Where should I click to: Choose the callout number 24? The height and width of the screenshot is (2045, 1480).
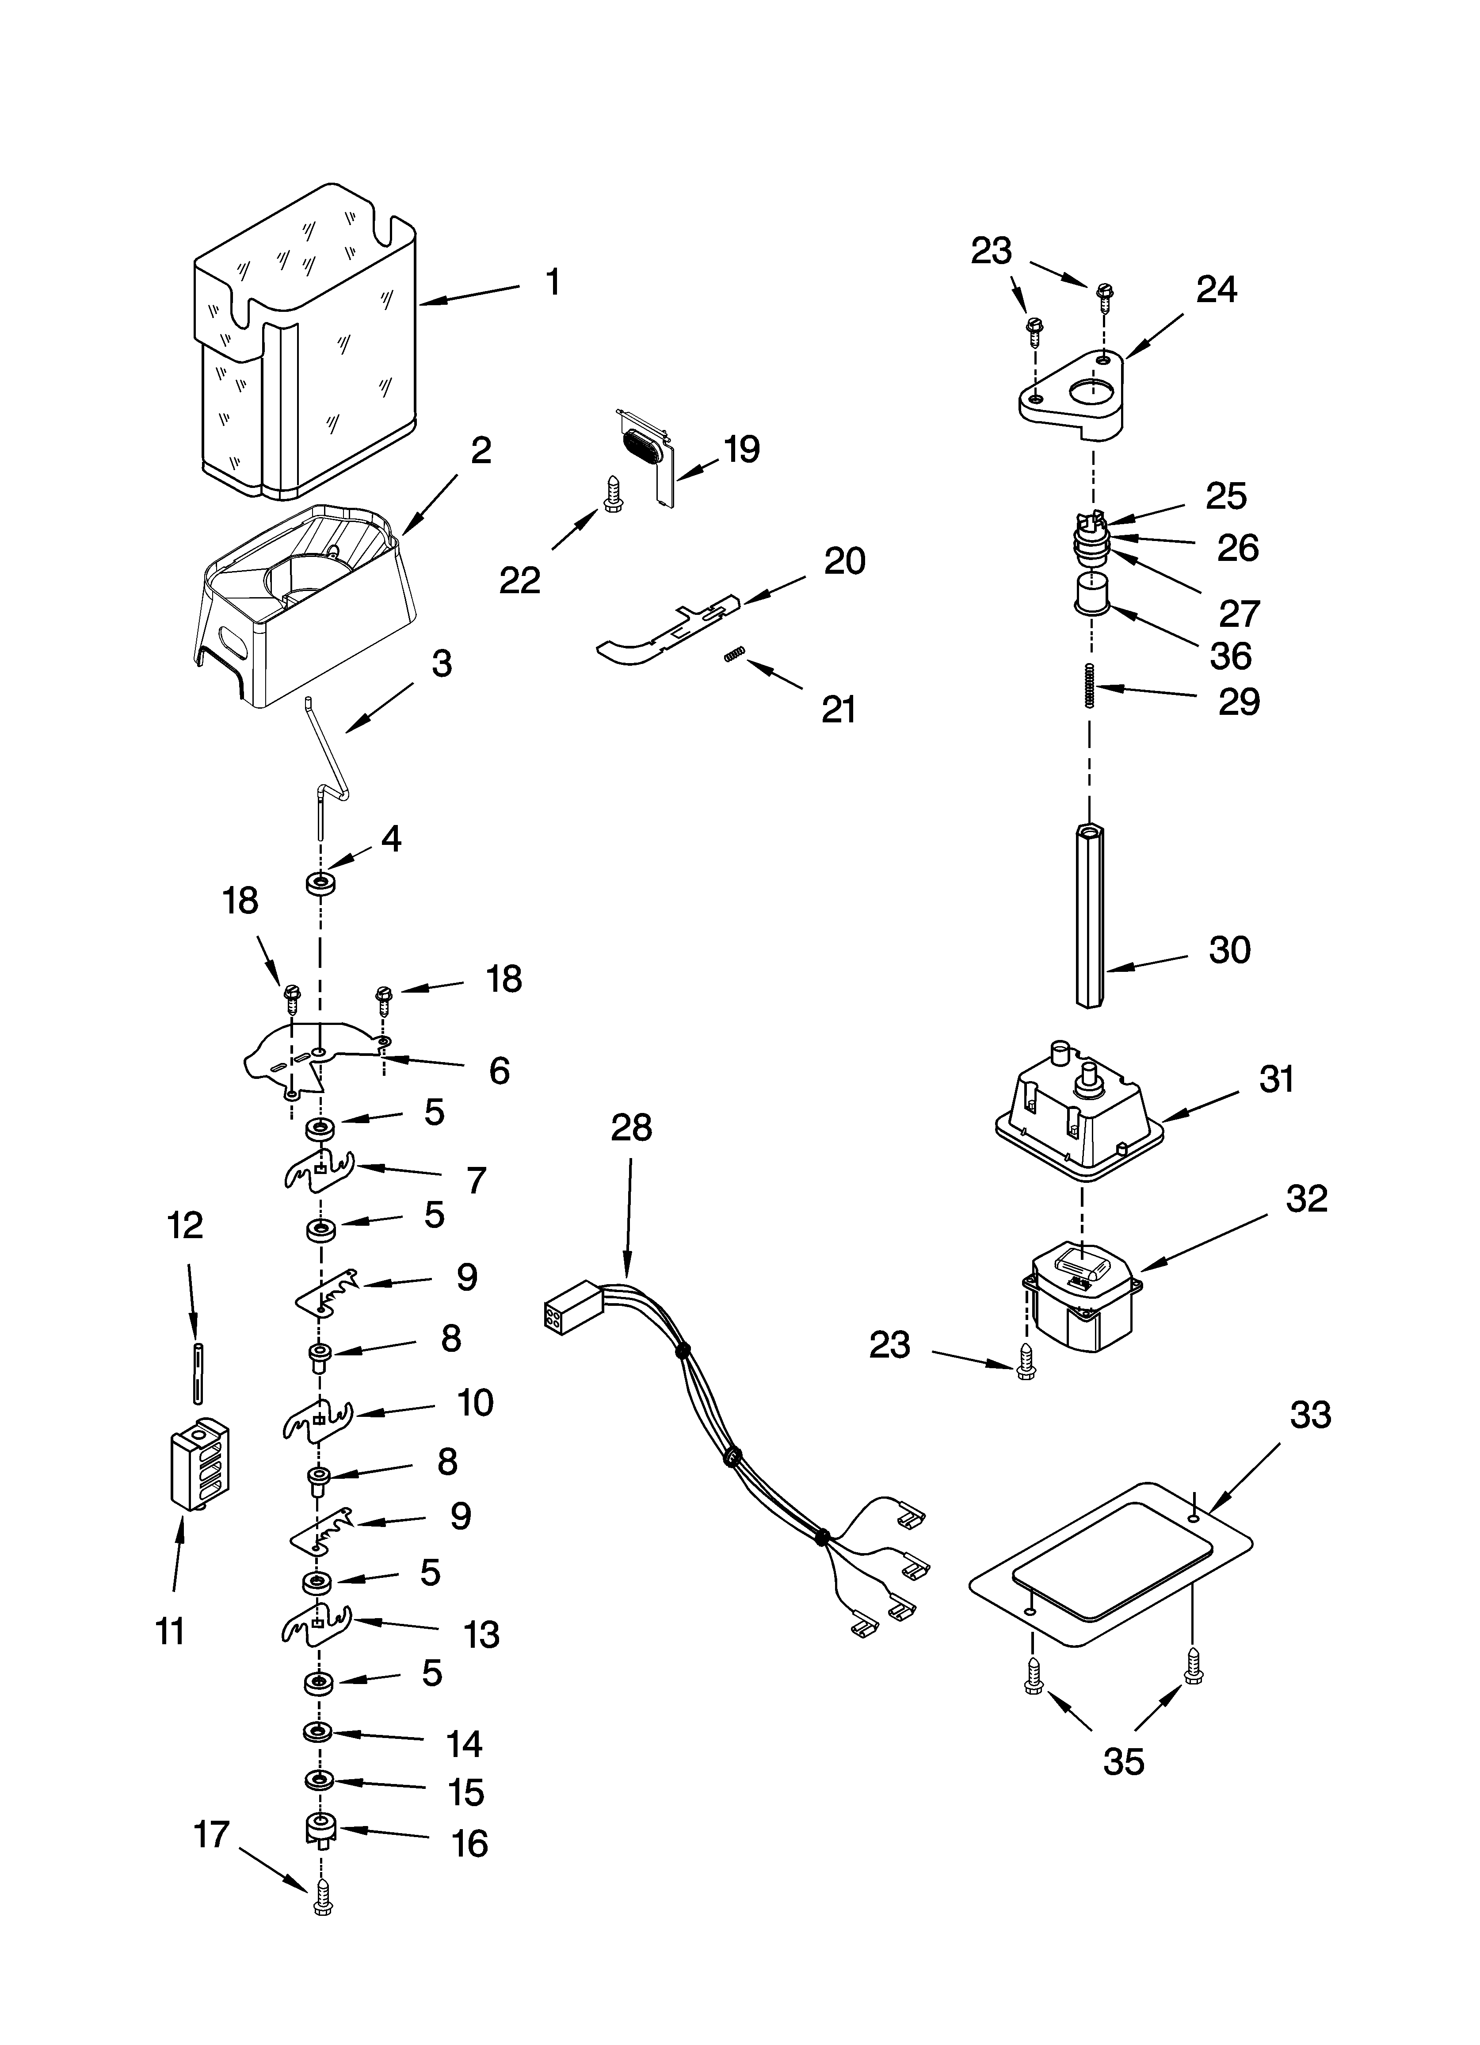1216,289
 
